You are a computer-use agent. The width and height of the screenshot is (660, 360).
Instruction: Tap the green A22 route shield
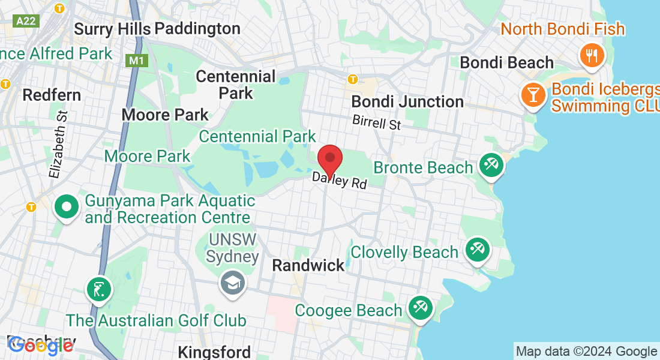click(x=26, y=21)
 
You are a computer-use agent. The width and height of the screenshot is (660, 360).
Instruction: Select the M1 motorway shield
click(x=136, y=61)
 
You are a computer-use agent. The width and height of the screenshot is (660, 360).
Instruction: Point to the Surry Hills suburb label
click(x=112, y=28)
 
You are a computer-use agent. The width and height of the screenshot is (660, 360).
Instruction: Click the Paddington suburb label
click(x=197, y=28)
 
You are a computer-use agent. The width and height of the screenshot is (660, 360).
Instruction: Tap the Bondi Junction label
click(x=407, y=101)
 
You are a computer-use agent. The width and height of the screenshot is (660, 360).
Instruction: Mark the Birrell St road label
click(x=376, y=122)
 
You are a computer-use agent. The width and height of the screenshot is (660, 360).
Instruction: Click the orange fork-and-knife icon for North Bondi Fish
click(x=592, y=56)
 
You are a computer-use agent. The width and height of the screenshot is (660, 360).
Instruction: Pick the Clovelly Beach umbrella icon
click(x=477, y=249)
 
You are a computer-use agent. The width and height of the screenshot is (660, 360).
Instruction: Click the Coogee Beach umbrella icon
click(x=418, y=309)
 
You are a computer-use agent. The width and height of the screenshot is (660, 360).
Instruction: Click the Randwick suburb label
click(x=308, y=265)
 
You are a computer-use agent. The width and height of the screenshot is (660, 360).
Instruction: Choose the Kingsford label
click(x=214, y=351)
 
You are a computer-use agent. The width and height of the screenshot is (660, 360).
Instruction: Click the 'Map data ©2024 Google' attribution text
click(x=586, y=352)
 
